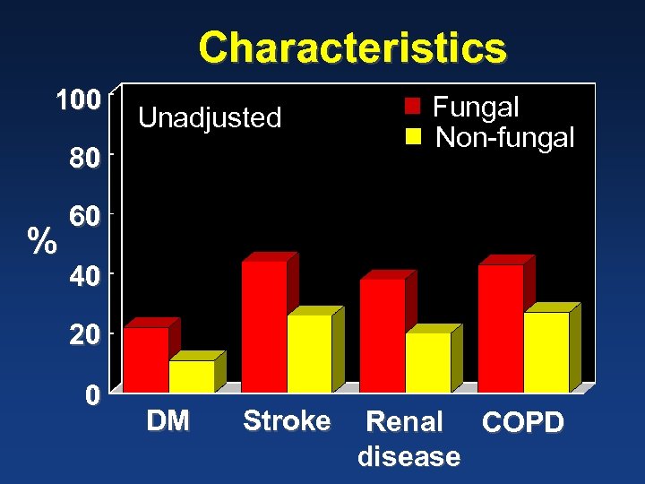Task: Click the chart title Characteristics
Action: [x=352, y=48]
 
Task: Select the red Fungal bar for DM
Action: [x=146, y=359]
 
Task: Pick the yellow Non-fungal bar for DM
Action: [x=192, y=376]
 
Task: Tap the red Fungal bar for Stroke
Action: [x=264, y=326]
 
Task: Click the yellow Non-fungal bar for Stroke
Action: [x=309, y=353]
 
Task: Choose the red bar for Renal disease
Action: [x=383, y=335]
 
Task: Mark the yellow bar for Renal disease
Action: [x=428, y=362]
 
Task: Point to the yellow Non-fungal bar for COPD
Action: [x=546, y=351]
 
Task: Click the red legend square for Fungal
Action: [x=412, y=108]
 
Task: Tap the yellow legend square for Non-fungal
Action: [x=412, y=137]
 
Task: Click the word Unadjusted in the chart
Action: [x=210, y=117]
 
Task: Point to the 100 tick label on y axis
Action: [x=77, y=100]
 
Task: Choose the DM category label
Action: [x=168, y=420]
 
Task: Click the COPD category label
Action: [x=523, y=423]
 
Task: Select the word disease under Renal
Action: [x=408, y=456]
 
